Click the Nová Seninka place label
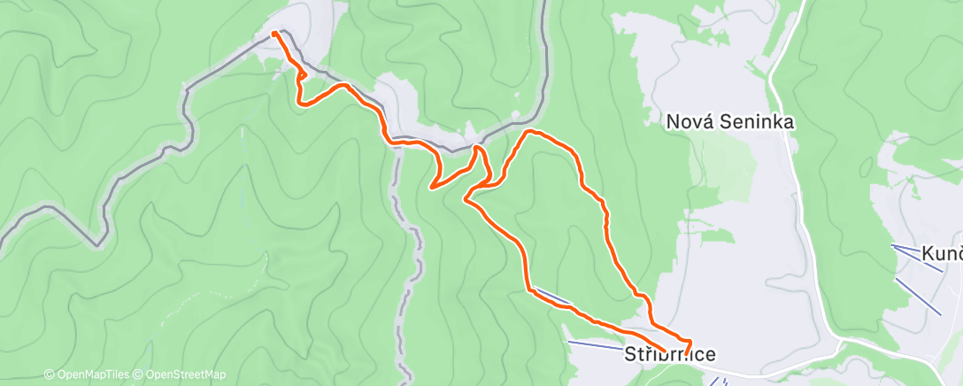tap(730, 121)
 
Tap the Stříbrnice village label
tap(671, 354)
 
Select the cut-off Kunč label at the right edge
tap(942, 254)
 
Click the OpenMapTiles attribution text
tap(89, 374)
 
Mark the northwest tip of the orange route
tap(273, 34)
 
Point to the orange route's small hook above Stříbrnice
tap(688, 341)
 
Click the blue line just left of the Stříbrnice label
tap(593, 344)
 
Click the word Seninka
tap(758, 121)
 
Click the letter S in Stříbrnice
tap(632, 354)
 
